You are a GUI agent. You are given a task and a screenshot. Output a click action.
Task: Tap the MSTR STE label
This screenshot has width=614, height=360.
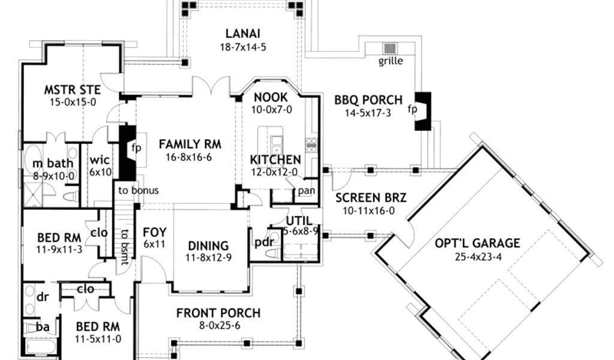click(72, 89)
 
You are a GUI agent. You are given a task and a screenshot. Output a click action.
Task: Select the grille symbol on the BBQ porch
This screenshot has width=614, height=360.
click(391, 49)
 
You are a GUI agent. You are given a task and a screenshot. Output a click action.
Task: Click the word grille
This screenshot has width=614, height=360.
click(391, 61)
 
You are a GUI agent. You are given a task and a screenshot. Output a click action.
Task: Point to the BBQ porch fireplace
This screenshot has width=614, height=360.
click(423, 110)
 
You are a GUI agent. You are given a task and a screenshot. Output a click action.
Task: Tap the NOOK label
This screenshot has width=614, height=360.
click(271, 97)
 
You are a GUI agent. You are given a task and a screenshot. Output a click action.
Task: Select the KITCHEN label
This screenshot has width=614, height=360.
click(275, 160)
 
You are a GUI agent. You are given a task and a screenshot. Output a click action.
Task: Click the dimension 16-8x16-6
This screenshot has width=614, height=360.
click(190, 158)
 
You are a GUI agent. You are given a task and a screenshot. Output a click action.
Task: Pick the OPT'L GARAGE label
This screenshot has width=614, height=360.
click(477, 243)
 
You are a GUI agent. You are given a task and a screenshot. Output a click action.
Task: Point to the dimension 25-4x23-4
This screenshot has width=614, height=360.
click(477, 257)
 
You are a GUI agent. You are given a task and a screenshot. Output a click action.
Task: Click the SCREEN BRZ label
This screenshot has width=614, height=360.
click(365, 198)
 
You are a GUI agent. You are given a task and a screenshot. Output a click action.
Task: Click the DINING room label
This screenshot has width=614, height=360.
click(208, 245)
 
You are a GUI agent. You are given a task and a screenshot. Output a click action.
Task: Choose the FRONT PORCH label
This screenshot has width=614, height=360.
click(218, 313)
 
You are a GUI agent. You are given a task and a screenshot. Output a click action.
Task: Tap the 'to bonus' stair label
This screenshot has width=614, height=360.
click(138, 191)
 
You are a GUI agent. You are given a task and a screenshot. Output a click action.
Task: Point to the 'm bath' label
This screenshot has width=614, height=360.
click(46, 164)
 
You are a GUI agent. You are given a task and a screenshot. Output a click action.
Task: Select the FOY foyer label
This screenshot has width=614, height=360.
click(154, 232)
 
